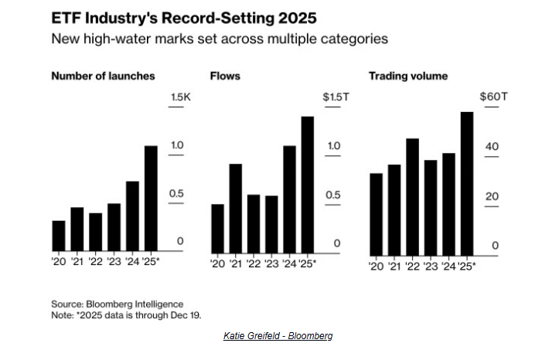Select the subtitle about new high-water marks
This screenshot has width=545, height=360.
click(220, 38)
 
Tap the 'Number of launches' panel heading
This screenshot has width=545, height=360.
click(102, 76)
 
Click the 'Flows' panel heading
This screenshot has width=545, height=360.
click(226, 76)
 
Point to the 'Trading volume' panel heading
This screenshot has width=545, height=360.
click(407, 76)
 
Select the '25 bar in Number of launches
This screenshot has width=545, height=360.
click(151, 199)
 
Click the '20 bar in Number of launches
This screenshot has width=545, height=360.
click(59, 236)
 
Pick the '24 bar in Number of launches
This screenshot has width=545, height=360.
click(132, 216)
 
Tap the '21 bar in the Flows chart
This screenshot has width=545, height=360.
click(236, 208)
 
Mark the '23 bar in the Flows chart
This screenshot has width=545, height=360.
click(271, 223)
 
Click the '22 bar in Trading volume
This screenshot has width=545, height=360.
click(413, 197)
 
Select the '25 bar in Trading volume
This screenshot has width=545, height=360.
click(467, 184)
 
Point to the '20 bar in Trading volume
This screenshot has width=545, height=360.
click(376, 214)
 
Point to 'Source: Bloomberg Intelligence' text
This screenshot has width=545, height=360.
click(117, 304)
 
